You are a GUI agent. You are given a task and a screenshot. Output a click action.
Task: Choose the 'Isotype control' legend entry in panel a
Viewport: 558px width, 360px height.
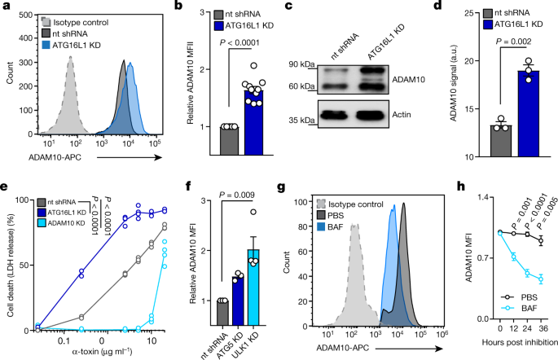[74, 13]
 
